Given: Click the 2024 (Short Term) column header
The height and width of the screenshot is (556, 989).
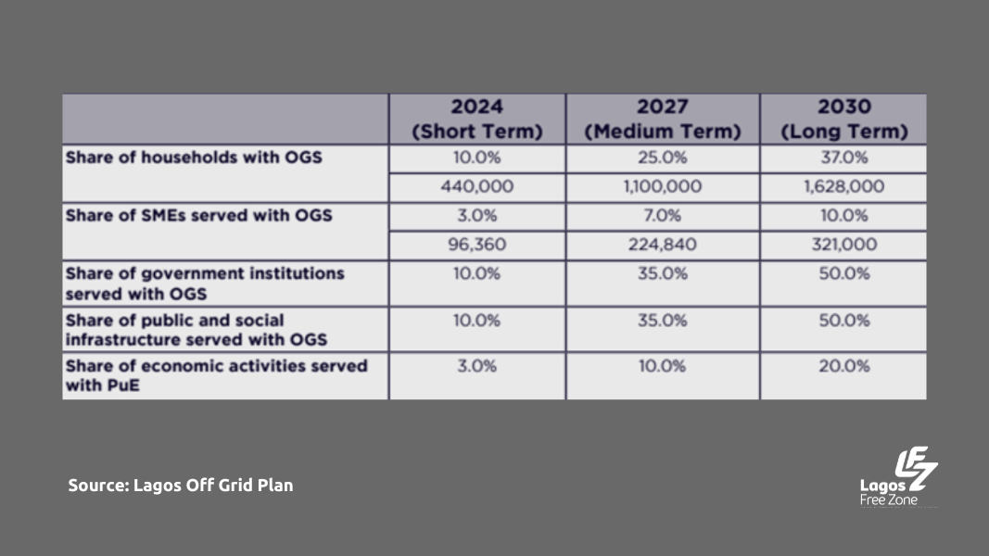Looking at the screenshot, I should point(476,119).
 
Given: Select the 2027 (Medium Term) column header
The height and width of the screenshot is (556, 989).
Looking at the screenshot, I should point(662,119).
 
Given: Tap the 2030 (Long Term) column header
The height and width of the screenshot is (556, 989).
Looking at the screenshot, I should point(843,119).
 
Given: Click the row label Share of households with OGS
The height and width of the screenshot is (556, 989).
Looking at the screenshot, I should point(194,158).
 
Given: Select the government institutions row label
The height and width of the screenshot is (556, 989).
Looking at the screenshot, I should point(205,284).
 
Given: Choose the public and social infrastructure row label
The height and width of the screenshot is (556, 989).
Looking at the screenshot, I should point(197,330).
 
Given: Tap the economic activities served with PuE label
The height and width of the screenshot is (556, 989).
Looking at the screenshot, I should point(216,375).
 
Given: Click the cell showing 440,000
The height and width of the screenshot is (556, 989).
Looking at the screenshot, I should point(476,187).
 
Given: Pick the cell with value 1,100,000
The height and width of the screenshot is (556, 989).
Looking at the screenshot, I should point(662,187).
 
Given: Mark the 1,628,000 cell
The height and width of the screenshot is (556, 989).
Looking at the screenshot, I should point(843,187).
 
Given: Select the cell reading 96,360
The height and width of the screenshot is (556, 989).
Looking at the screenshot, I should point(476,246).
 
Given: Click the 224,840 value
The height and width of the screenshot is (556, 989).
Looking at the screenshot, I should point(662,246).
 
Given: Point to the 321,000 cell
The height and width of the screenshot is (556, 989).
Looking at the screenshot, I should point(843,246).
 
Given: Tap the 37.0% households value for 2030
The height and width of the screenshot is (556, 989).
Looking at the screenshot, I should point(843,158).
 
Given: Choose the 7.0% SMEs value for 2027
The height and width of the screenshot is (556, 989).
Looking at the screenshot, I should point(662,216).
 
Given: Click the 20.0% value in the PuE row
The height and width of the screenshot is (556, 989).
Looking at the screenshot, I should point(843,366).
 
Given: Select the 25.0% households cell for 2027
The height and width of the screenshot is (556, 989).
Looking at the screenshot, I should point(662,158).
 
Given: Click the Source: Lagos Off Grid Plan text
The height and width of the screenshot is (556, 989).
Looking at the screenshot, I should point(181,486).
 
